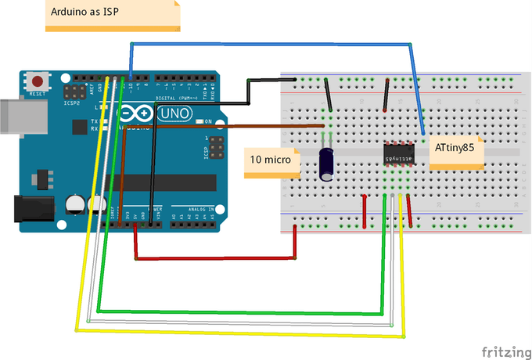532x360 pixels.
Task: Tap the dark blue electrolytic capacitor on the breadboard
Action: tap(328, 164)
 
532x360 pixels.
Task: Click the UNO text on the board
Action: tap(174, 114)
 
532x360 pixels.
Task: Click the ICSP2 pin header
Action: tap(73, 92)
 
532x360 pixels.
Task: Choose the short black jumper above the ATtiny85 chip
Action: tap(386, 98)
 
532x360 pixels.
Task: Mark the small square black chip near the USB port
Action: tap(78, 127)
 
